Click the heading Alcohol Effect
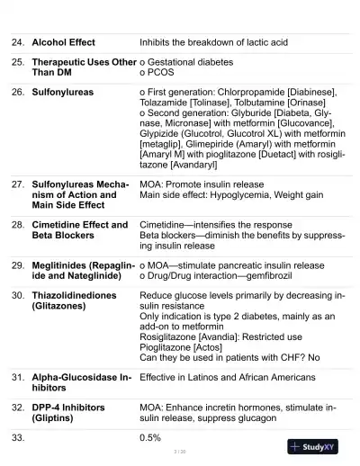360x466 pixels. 63,42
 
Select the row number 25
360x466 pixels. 17,62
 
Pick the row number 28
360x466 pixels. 17,225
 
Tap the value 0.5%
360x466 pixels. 150,438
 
